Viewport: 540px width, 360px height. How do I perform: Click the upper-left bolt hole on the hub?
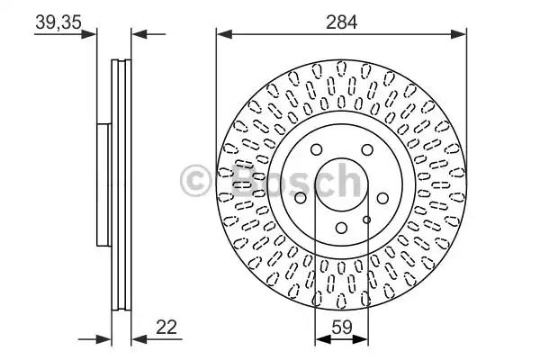[x=315, y=150]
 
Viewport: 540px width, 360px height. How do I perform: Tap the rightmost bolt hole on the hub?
[x=382, y=198]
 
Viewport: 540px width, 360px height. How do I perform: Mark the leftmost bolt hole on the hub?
[x=300, y=198]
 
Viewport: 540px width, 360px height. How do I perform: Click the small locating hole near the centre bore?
[x=365, y=219]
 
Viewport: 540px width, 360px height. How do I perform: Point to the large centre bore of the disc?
[x=341, y=184]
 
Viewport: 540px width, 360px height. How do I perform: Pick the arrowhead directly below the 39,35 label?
[x=89, y=35]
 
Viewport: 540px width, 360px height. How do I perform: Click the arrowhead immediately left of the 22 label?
[x=138, y=340]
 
